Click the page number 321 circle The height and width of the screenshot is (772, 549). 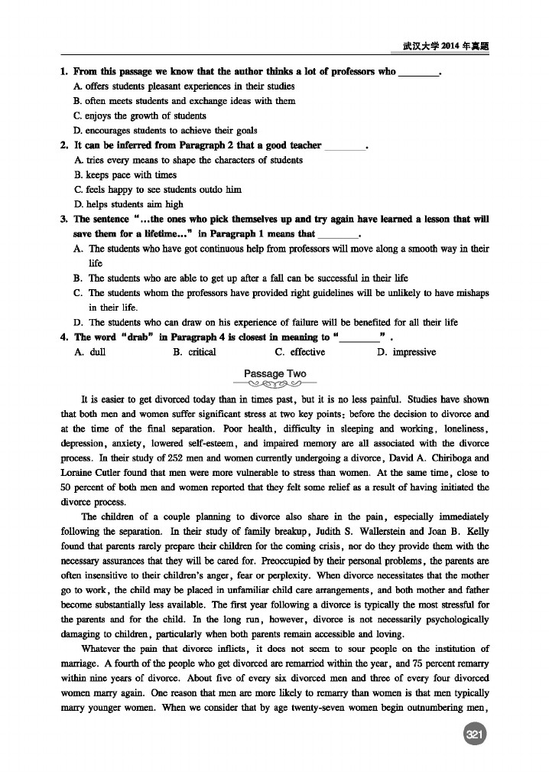(x=475, y=735)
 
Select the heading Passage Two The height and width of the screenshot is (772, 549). (x=274, y=374)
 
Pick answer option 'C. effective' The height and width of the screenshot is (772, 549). (x=299, y=353)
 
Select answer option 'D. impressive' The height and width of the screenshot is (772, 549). (x=407, y=353)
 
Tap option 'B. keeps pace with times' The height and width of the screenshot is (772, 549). (x=125, y=175)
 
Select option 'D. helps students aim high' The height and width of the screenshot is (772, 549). (x=128, y=204)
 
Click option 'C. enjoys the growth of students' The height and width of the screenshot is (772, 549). (x=140, y=116)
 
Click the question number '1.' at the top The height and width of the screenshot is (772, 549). (x=64, y=72)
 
